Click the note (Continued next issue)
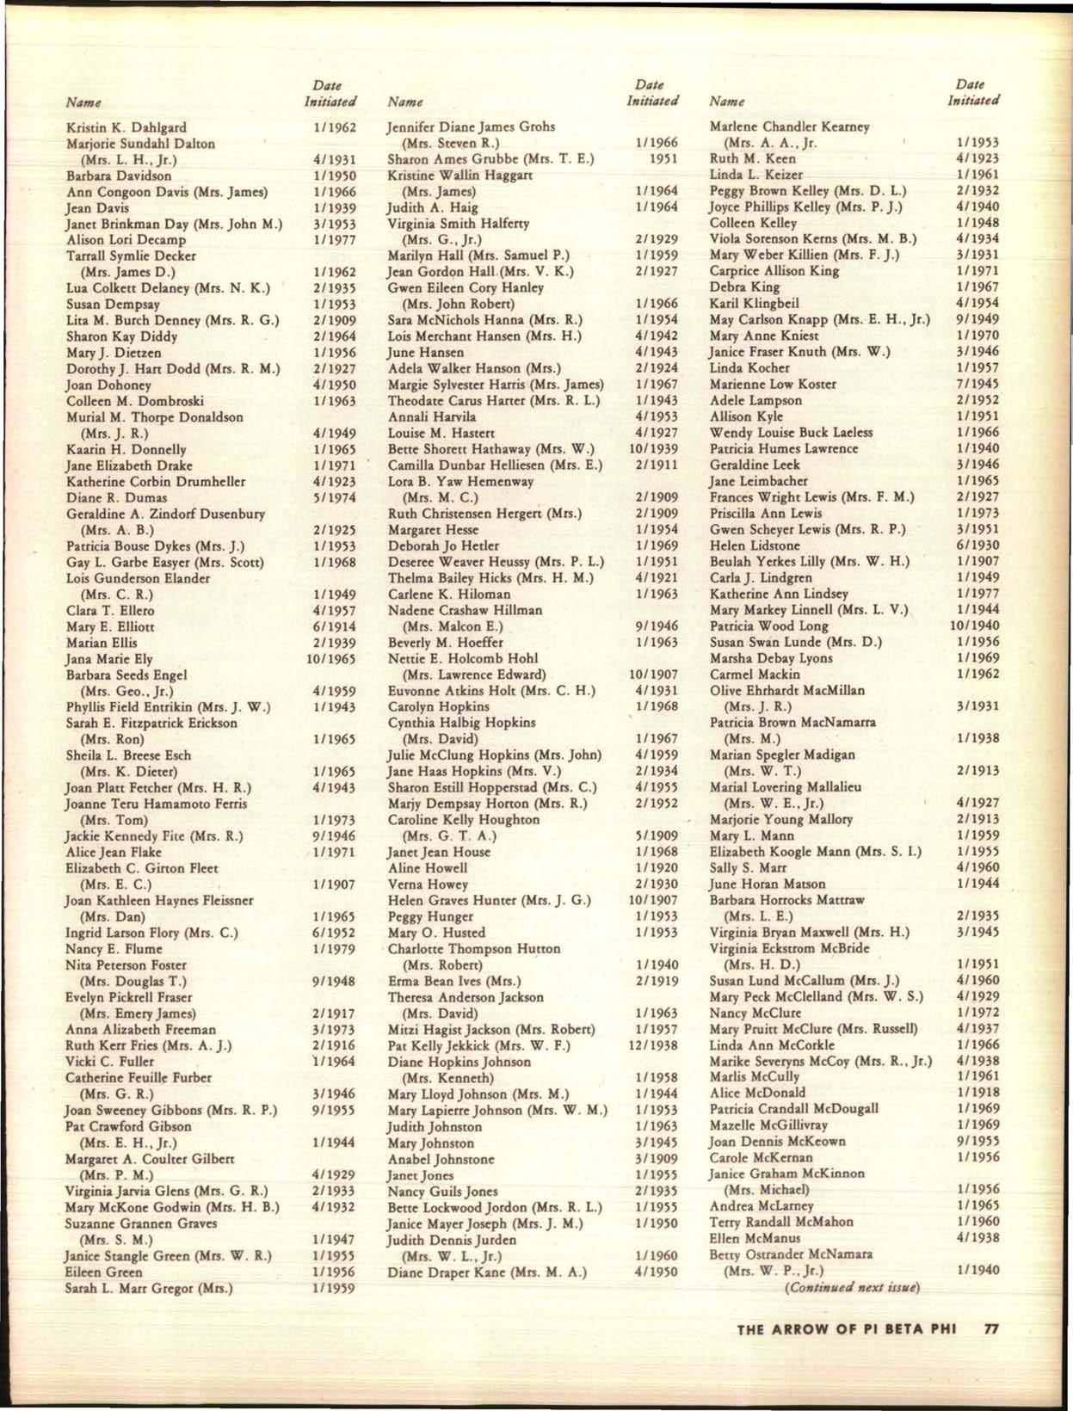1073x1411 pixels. point(850,1287)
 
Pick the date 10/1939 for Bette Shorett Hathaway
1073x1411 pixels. point(656,449)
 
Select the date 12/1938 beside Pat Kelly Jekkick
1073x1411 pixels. point(656,1045)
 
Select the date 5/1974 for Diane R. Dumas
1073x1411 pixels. point(335,497)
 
